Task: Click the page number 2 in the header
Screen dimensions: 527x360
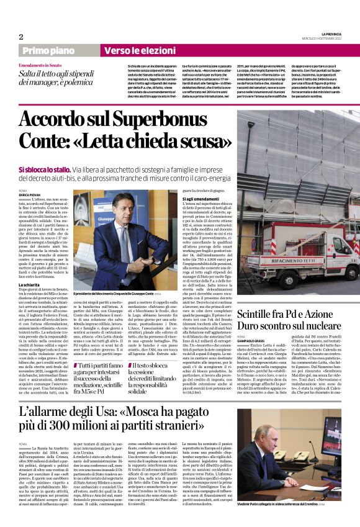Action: click(x=21, y=36)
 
